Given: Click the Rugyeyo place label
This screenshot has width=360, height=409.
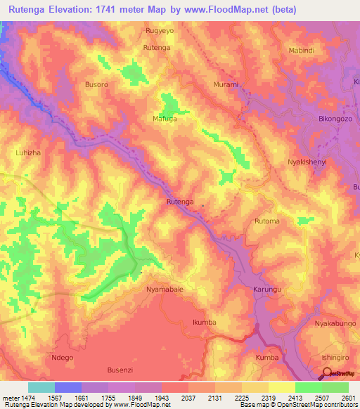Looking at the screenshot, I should pyautogui.click(x=159, y=32).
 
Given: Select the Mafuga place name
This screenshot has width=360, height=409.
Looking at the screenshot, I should pyautogui.click(x=166, y=119).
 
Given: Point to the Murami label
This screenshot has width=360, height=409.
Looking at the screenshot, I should pyautogui.click(x=226, y=84).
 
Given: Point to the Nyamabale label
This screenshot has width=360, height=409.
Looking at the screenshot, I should pyautogui.click(x=165, y=289).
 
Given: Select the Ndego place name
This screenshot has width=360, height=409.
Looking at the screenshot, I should pyautogui.click(x=63, y=357).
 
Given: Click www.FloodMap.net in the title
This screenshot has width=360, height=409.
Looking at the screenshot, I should pyautogui.click(x=220, y=9).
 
